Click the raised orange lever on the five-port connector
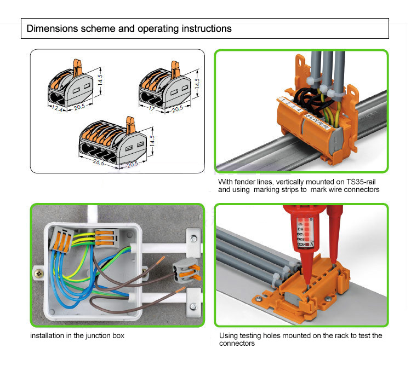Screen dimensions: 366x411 click(x=130, y=125)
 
